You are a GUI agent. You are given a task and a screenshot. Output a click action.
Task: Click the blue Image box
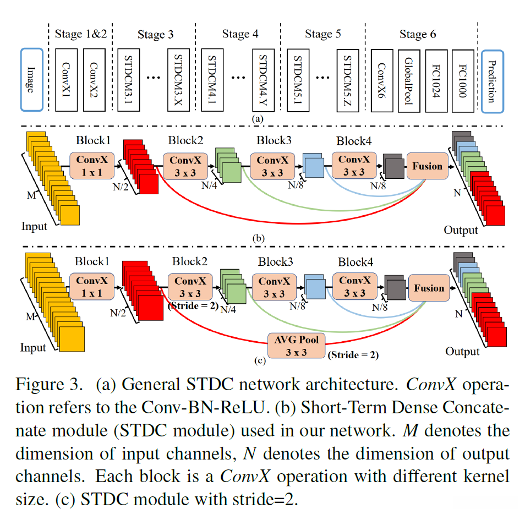pos(31,80)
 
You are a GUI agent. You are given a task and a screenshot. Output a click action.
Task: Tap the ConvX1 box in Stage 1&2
pos(67,80)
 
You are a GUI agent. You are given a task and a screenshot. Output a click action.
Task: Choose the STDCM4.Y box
pos(262,80)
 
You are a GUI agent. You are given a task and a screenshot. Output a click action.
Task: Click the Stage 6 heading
pos(418,35)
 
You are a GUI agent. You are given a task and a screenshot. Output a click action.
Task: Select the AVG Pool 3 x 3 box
pos(296,345)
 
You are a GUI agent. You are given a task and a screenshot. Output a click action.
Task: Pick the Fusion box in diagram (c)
pos(429,288)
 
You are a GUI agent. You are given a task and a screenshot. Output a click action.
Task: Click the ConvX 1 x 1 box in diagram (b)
pos(91,166)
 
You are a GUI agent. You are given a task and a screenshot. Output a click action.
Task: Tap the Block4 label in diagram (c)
pos(356,261)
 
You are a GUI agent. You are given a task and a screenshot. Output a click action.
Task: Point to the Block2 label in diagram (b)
pos(185,140)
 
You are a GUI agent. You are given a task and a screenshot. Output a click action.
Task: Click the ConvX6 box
pos(382,80)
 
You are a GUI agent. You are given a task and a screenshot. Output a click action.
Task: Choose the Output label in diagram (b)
pos(461,229)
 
